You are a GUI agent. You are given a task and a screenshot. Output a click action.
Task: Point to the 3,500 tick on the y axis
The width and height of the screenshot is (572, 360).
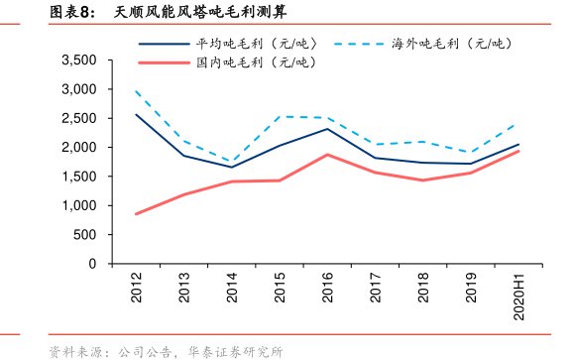(78, 60)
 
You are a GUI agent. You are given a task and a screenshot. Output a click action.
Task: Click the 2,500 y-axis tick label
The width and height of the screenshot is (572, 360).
(78, 119)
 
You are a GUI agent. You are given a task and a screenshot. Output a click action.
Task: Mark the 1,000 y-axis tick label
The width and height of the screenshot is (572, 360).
(78, 206)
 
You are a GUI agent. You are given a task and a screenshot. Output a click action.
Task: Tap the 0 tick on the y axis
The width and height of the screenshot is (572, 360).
(91, 265)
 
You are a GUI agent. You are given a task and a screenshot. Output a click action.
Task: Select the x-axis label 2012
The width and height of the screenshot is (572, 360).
(137, 288)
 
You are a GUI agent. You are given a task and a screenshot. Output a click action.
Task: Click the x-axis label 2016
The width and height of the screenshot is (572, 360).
(328, 288)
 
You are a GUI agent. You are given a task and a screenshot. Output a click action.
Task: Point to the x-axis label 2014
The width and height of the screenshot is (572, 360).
(233, 288)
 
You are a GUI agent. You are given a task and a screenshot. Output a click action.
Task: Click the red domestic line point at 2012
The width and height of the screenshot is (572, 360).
(137, 214)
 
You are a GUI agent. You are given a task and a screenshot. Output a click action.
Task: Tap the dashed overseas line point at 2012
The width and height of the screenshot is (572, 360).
(137, 91)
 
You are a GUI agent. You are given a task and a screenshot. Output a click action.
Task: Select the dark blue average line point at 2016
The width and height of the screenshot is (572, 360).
(328, 129)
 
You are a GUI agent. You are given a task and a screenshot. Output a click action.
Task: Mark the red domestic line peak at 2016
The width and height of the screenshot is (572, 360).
(328, 155)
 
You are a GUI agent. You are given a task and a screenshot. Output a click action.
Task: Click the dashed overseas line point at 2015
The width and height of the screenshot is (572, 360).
(281, 117)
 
